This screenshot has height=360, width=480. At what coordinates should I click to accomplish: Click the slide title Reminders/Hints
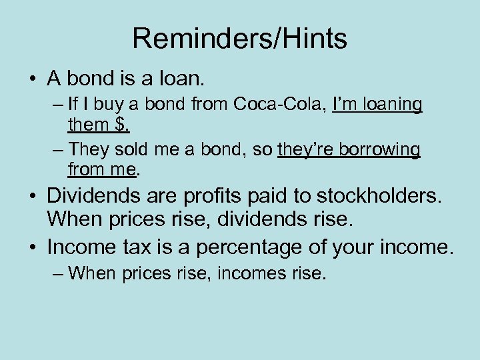pyautogui.click(x=239, y=39)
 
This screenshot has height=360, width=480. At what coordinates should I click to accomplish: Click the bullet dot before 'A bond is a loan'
pyautogui.click(x=32, y=79)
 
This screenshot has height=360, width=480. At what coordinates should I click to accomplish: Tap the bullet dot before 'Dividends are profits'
pyautogui.click(x=32, y=197)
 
